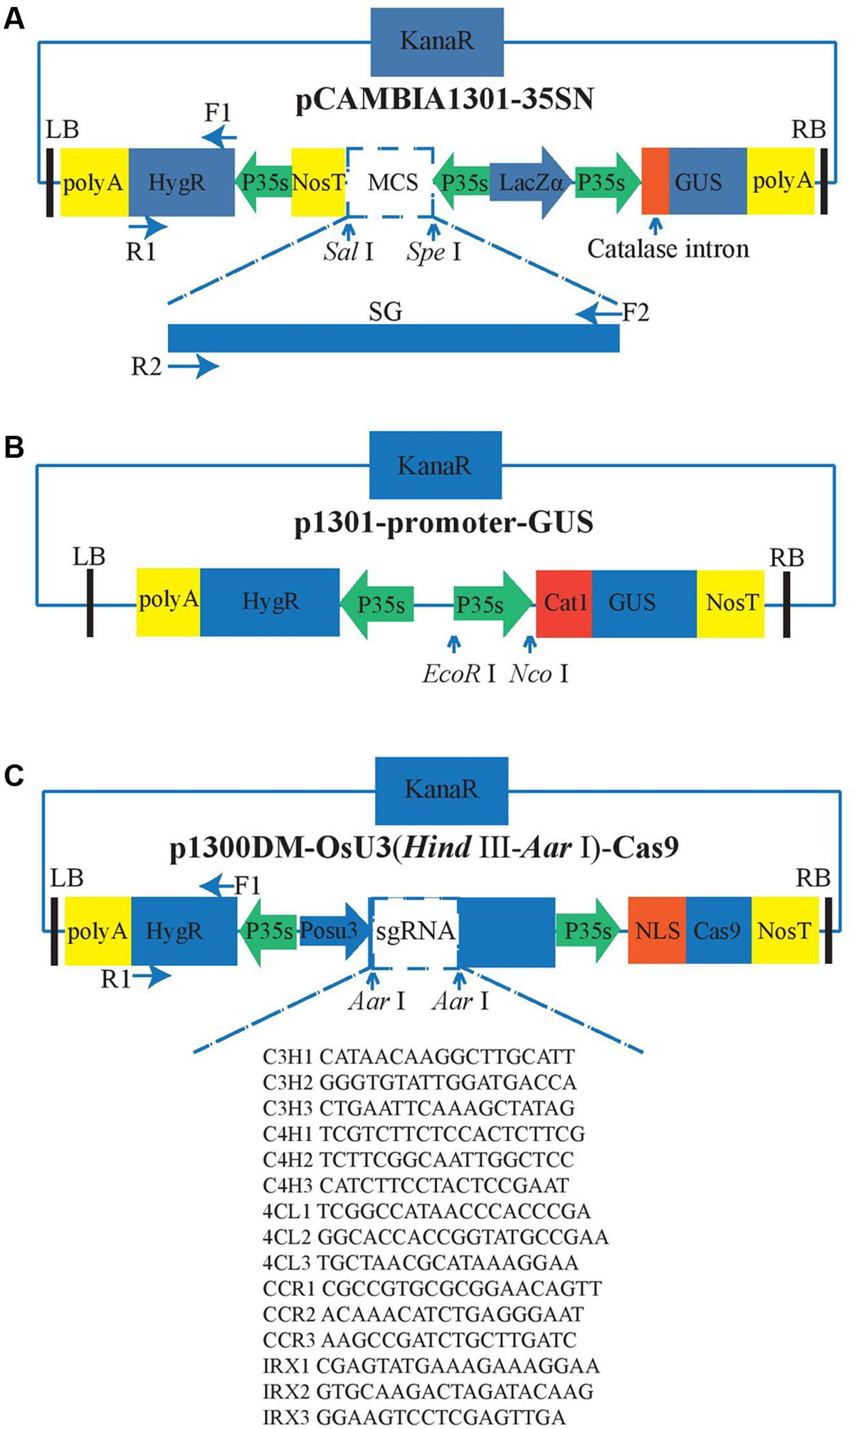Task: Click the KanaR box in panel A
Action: (437, 41)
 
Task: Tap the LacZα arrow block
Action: (531, 182)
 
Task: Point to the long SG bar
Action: (394, 337)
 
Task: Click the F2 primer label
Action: (636, 312)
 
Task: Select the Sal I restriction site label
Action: (348, 251)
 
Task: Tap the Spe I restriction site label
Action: (433, 251)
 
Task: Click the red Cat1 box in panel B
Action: (564, 603)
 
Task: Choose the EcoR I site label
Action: (458, 673)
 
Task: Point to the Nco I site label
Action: (539, 673)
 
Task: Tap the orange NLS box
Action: (657, 931)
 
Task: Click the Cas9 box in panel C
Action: (718, 931)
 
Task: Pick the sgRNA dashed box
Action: (414, 933)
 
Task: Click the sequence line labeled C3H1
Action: (418, 1057)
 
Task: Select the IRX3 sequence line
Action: (414, 1417)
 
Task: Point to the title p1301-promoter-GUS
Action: (443, 523)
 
